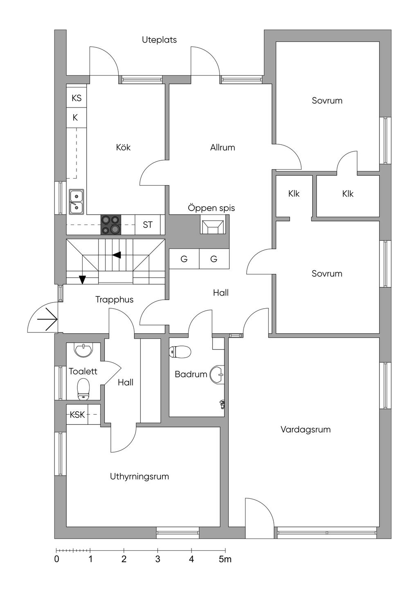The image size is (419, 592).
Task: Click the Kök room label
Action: [123, 147]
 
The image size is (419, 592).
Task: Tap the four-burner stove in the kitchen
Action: [110, 224]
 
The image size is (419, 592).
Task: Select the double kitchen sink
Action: [77, 202]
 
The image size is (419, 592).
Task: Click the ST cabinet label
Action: [148, 225]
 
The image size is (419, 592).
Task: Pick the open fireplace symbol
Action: [213, 224]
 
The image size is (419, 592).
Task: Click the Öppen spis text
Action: [212, 208]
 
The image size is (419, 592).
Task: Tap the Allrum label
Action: [223, 148]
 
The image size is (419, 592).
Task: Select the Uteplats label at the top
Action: [159, 40]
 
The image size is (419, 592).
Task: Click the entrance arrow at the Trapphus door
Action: [47, 319]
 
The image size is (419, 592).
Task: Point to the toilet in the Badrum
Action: [180, 352]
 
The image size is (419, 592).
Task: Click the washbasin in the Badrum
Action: [217, 374]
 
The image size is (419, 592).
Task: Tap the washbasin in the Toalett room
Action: [84, 350]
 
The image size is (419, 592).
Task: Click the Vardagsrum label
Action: [306, 429]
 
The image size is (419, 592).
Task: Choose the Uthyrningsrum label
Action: [140, 477]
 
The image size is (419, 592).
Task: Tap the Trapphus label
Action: [114, 300]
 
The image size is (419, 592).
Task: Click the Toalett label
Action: [83, 371]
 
